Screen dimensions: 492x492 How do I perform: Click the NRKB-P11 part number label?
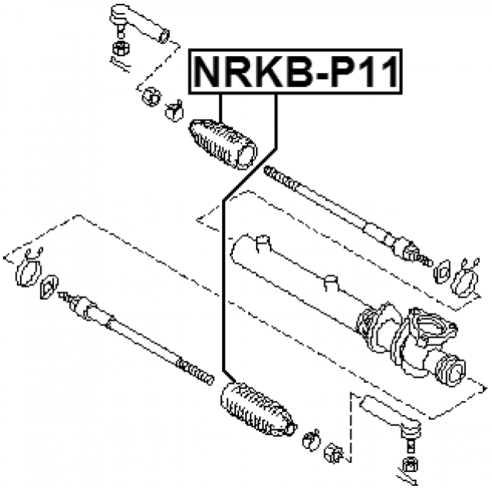click(295, 71)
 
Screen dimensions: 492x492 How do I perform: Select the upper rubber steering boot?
click(223, 145)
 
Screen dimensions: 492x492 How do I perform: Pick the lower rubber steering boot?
click(258, 409)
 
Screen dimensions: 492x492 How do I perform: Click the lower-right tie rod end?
click(391, 417)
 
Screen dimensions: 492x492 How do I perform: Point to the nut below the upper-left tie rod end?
click(121, 48)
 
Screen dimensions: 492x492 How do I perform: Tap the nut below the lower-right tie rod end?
click(411, 465)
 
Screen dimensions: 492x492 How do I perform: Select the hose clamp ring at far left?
click(29, 271)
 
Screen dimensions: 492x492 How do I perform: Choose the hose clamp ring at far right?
click(464, 278)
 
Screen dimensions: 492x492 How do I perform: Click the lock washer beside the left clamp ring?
click(49, 287)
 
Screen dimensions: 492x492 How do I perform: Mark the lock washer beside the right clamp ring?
click(442, 271)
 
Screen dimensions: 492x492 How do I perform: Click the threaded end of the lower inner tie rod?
click(195, 371)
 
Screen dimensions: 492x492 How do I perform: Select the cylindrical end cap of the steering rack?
click(451, 371)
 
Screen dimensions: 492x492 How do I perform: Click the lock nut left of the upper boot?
click(151, 97)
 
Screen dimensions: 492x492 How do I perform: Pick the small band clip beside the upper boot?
click(175, 111)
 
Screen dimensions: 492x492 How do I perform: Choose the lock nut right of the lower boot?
click(333, 454)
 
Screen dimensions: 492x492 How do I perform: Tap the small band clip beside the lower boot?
click(311, 440)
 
